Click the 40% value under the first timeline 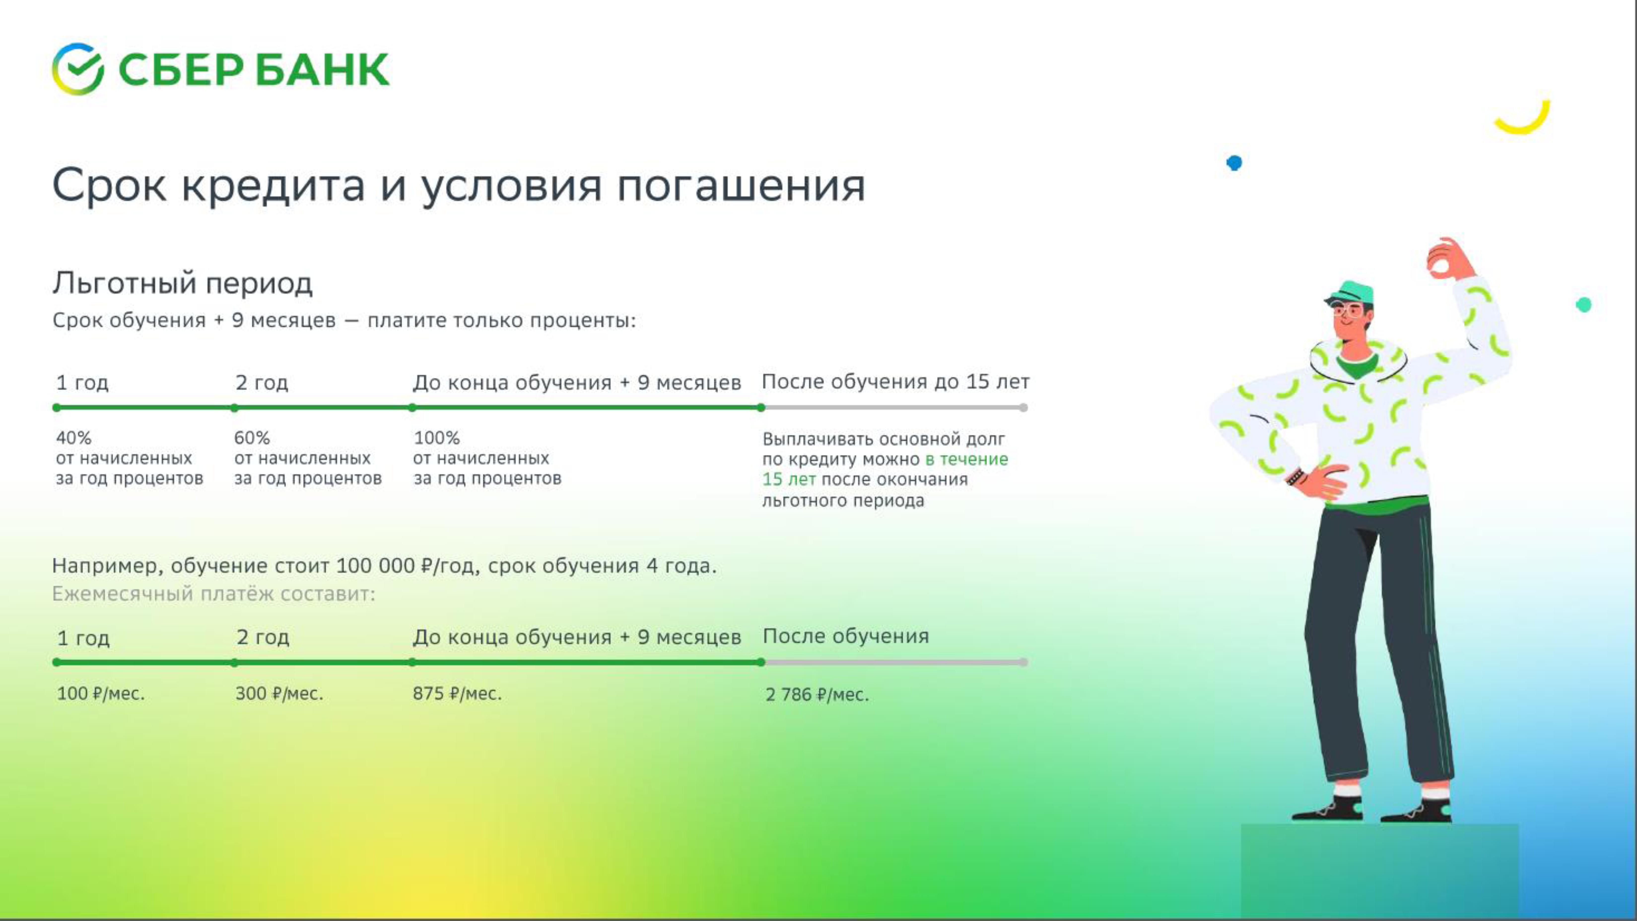pos(74,438)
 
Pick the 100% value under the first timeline pos(437,438)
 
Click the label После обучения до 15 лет pos(895,382)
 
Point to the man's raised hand pos(1450,259)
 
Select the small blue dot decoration pos(1234,163)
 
